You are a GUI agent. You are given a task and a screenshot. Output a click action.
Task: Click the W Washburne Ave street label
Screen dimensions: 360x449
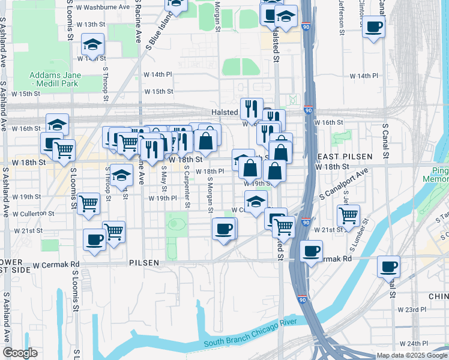click(103, 7)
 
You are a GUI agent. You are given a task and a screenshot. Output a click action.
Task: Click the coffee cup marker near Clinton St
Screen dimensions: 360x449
click(373, 27)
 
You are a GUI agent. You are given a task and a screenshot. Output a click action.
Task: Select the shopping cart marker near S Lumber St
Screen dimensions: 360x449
click(348, 215)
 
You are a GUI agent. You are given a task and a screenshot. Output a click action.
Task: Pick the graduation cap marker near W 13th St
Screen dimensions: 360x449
click(92, 44)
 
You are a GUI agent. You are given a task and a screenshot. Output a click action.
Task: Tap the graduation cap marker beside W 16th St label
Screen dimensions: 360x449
click(57, 124)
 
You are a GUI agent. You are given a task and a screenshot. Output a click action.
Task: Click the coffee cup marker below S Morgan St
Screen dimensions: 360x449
click(224, 228)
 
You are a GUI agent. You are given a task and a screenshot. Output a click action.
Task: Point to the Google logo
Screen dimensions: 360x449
click(20, 353)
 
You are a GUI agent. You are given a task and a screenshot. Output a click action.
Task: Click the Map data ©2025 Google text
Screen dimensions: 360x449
click(412, 355)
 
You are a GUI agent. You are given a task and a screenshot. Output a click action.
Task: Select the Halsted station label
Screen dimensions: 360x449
click(225, 112)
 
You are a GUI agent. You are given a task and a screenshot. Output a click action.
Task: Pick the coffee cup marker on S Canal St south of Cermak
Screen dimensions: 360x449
click(388, 266)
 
